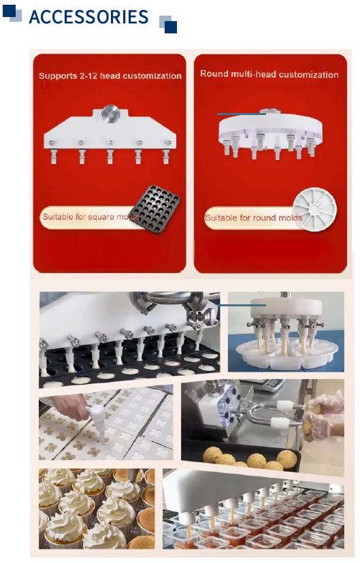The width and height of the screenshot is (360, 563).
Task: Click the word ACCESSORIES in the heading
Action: pyautogui.click(x=88, y=17)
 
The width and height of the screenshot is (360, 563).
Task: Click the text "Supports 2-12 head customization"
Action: pyautogui.click(x=110, y=76)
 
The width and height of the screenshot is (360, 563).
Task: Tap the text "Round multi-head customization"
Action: pyautogui.click(x=269, y=74)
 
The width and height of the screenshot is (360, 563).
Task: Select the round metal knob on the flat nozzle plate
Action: pyautogui.click(x=110, y=113)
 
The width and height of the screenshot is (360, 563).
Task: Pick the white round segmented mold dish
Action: pyautogui.click(x=315, y=209)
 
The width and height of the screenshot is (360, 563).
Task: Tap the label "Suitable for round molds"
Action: pyautogui.click(x=253, y=218)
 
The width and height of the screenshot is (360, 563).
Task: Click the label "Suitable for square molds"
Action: pyautogui.click(x=91, y=216)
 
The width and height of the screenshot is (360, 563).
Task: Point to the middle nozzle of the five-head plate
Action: pyautogui.click(x=110, y=152)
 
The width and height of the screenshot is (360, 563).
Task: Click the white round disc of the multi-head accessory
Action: pyautogui.click(x=270, y=126)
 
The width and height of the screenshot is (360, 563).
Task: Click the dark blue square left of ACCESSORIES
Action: pyautogui.click(x=10, y=11)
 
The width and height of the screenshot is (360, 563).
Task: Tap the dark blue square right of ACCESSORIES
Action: pyautogui.click(x=171, y=27)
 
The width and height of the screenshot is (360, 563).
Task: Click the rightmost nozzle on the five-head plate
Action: pyautogui.click(x=167, y=152)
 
